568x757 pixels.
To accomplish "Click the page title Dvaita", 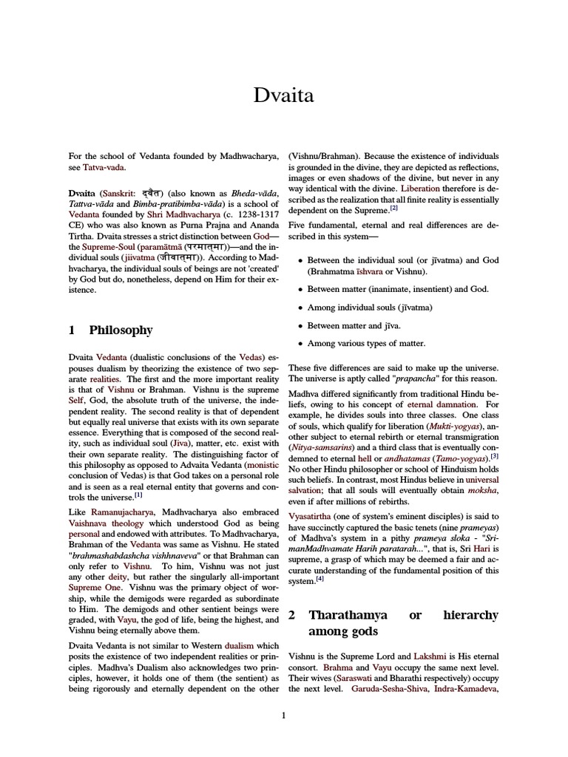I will (x=283, y=95).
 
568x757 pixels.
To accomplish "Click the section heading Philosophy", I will (x=121, y=330).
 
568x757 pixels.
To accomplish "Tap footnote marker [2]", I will (x=394, y=208).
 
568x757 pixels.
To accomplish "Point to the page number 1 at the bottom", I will (x=283, y=715).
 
